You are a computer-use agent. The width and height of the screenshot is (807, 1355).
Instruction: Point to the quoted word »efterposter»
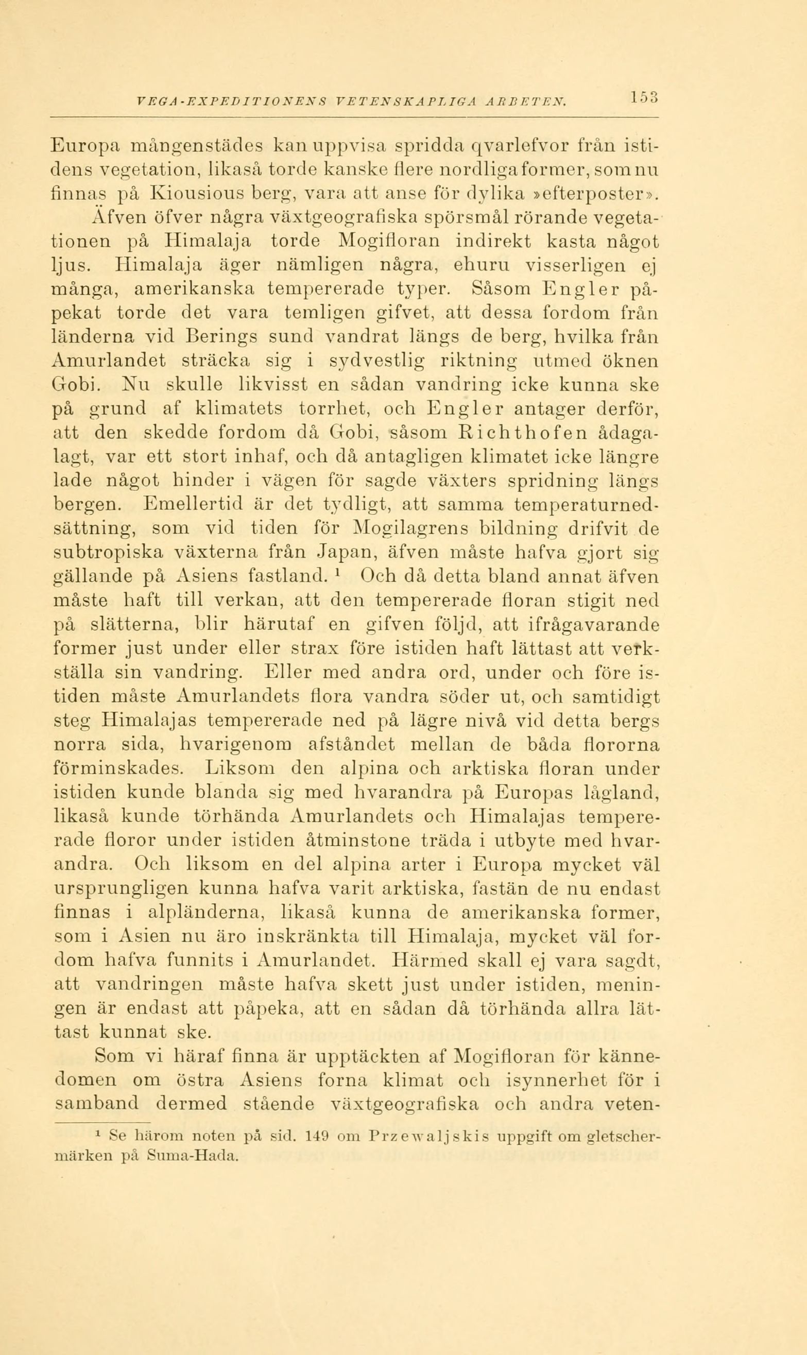coord(593,193)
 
